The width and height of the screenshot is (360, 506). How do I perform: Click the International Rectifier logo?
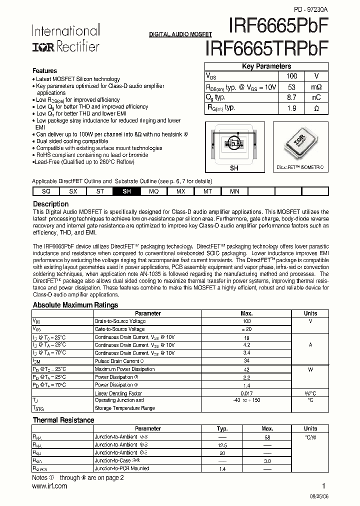[x=65, y=39]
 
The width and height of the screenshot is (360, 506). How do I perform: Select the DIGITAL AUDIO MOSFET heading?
[x=180, y=34]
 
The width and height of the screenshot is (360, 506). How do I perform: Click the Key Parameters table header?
[x=266, y=66]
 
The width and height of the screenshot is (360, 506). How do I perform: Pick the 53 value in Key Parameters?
[x=292, y=87]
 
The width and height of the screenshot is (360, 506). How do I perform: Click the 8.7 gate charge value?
[x=292, y=97]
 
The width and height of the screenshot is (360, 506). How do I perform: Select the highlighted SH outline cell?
[x=127, y=191]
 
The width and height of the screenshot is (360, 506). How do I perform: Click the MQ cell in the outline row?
[x=154, y=191]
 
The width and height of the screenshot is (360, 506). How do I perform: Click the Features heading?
[x=44, y=71]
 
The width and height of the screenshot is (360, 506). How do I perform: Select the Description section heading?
[x=50, y=204]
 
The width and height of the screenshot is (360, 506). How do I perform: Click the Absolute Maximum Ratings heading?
[x=75, y=305]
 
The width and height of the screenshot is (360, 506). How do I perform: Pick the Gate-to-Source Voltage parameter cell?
[x=119, y=329]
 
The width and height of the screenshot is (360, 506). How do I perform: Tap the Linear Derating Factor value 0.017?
[x=246, y=393]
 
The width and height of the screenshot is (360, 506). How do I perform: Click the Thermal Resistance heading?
[x=63, y=420]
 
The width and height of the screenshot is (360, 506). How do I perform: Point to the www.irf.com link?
[x=49, y=485]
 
